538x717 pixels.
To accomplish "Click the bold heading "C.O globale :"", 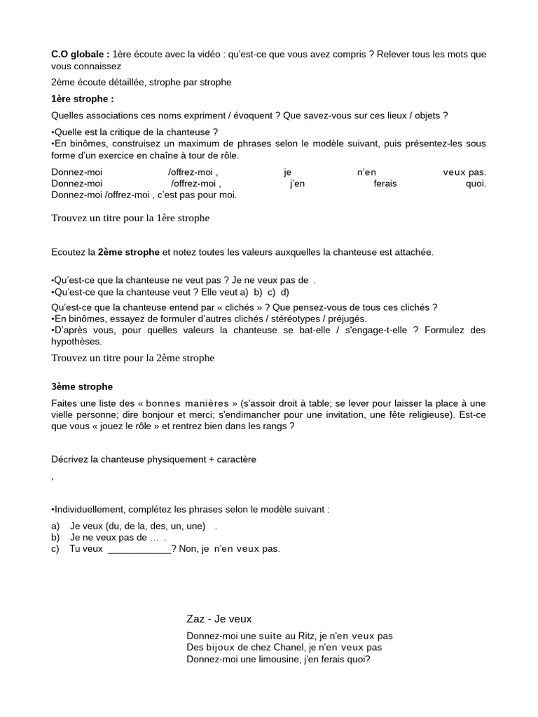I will tap(80, 54).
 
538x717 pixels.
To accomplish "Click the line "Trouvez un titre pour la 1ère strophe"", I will tap(130, 218).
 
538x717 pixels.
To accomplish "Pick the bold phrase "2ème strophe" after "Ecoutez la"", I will tap(129, 251).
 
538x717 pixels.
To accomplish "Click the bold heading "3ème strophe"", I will tap(81, 387).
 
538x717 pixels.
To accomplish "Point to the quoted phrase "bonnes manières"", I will tap(187, 403).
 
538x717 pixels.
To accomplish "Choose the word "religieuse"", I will tap(428, 415).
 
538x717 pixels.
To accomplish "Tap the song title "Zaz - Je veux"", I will tap(219, 618).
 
